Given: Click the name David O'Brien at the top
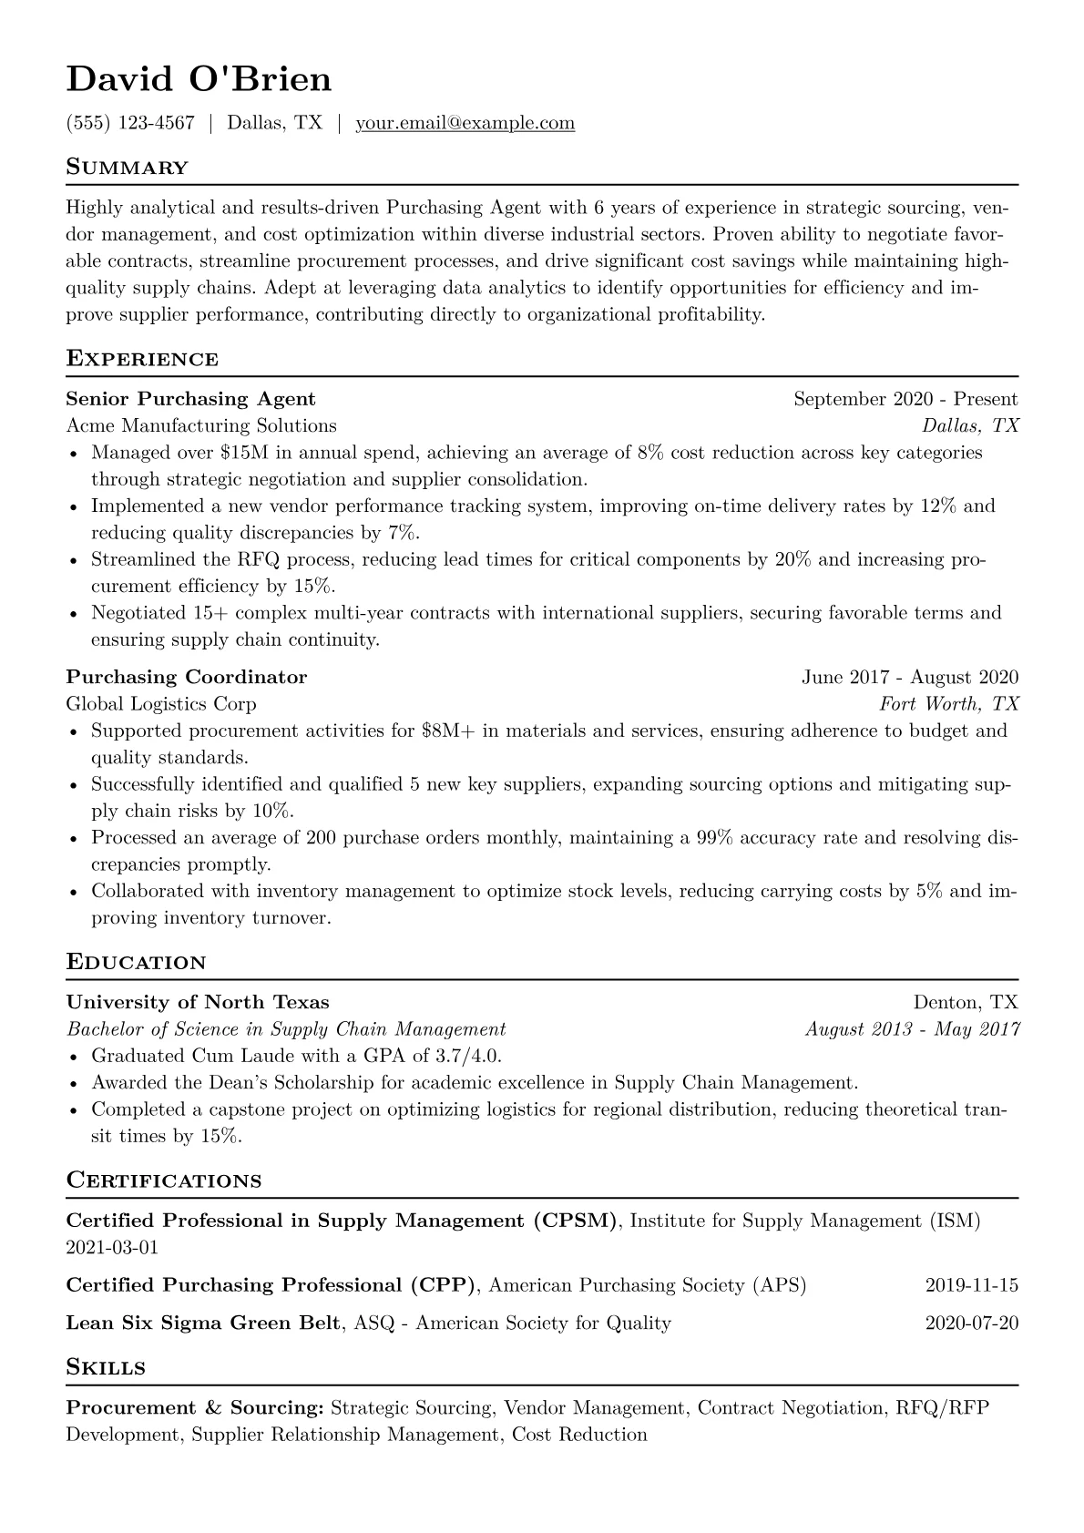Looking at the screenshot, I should [x=199, y=80].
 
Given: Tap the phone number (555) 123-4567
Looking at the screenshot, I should [x=130, y=123].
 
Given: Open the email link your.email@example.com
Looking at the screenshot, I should [x=465, y=123].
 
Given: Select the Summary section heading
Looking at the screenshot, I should [x=127, y=168].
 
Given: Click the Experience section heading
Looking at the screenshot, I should [x=142, y=359].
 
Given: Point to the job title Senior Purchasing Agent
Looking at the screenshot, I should [x=190, y=399].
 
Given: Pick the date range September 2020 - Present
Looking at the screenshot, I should [x=905, y=399].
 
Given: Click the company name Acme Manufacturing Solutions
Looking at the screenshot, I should [x=201, y=425].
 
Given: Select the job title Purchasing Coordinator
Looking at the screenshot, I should [x=187, y=677].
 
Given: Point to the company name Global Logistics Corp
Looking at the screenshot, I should [x=161, y=703].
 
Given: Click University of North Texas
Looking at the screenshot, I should [x=198, y=1003].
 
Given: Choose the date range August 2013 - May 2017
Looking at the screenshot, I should [x=912, y=1029].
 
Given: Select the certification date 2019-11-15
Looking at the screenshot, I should [x=971, y=1285].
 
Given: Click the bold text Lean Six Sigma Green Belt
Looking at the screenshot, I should [x=204, y=1323].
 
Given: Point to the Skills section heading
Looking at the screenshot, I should [x=106, y=1367].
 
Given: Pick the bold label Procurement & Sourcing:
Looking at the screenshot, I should [x=195, y=1408].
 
